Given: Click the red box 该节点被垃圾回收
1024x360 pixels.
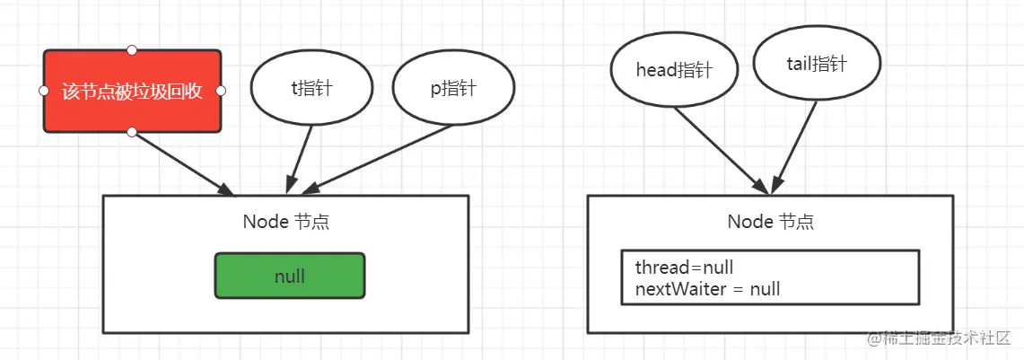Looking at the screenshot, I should tap(132, 91).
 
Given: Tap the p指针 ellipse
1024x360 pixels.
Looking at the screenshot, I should tap(453, 89).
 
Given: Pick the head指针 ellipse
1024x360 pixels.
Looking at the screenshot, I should tap(673, 70).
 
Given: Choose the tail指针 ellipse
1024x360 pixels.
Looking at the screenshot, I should tap(816, 65).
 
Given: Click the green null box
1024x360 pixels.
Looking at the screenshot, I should tap(289, 276).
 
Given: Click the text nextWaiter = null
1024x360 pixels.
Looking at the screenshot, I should tap(707, 289).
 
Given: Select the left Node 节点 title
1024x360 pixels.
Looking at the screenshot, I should tap(286, 222).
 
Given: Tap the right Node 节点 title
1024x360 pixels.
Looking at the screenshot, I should tap(770, 222).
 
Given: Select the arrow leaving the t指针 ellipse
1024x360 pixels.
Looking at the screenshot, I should tap(300, 157).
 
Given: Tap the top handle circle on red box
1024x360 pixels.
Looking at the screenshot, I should tap(132, 48).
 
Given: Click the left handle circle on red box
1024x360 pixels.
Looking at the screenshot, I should tap(43, 91).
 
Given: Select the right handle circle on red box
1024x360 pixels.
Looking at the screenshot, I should tap(221, 91).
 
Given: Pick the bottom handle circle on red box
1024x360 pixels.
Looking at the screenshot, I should tap(132, 133).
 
